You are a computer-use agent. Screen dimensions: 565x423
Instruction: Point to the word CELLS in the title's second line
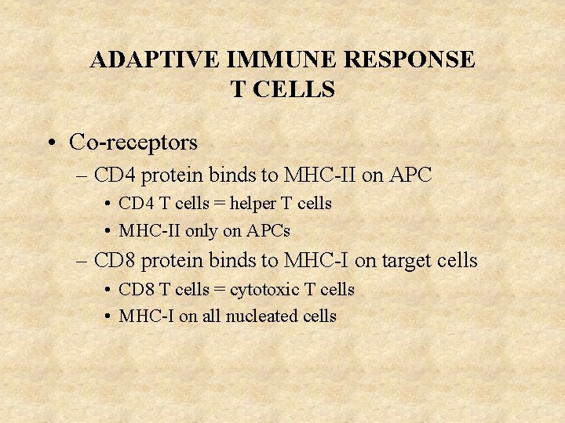point(295,90)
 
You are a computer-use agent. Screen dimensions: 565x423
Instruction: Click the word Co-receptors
point(133,143)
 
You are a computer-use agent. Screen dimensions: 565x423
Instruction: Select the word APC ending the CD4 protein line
point(409,175)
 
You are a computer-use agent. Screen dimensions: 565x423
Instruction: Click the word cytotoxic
point(264,290)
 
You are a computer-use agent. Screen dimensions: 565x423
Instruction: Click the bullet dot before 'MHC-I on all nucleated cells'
point(106,317)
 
